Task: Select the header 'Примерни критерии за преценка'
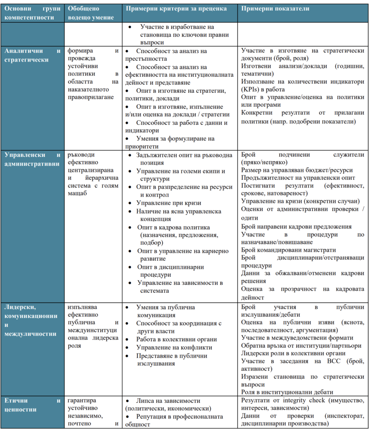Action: pos(176,9)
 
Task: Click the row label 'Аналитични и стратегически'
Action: pos(32,55)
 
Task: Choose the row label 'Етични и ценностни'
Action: pos(32,405)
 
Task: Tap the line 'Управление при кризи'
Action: pos(169,203)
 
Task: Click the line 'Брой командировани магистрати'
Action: pos(289,250)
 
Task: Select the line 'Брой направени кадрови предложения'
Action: pos(296,227)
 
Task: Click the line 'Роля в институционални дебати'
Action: pos(287,392)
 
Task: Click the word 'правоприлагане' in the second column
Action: pos(88,97)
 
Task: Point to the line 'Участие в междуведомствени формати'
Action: pos(297,338)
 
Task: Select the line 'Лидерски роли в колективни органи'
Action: pos(294,354)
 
